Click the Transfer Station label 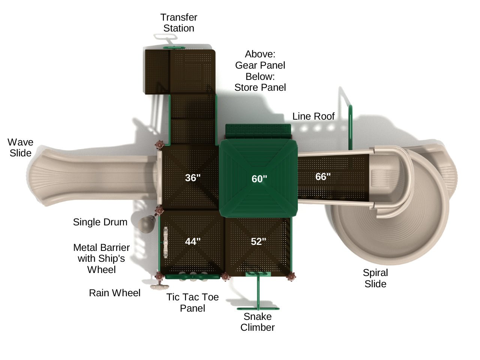coord(179,22)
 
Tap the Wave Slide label coord(21,147)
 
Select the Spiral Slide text coord(375,278)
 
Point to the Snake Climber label coord(258,322)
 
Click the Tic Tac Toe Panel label coord(192,303)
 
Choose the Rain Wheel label coord(114,293)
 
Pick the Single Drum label coord(100,222)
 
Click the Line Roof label coord(313,116)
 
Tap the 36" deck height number coord(193,177)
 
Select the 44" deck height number coord(193,241)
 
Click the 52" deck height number coord(258,241)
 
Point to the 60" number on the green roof coord(259,179)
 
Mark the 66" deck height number coord(323,177)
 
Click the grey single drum coord(145,224)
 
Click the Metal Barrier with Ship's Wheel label coord(101,258)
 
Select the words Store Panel coord(260,87)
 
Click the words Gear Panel coord(260,65)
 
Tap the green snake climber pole coord(258,292)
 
